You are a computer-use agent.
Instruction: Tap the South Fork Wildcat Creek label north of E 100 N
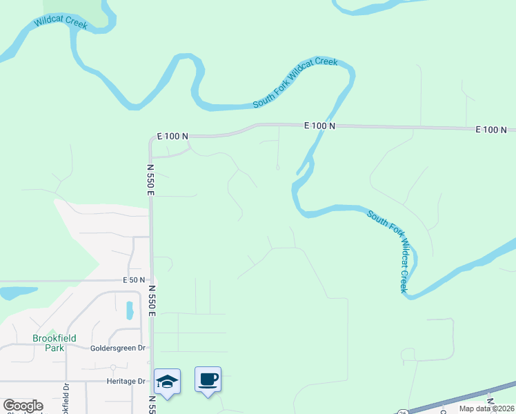(295, 82)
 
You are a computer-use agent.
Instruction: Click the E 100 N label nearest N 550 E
(172, 137)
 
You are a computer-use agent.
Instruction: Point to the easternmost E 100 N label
(490, 130)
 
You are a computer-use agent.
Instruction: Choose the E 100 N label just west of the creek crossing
(319, 126)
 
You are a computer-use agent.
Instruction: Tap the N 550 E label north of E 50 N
(150, 179)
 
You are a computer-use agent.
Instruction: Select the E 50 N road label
(134, 280)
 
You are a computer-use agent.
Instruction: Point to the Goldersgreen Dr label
(118, 348)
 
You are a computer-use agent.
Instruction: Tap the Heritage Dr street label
(126, 381)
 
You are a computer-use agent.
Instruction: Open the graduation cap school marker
(168, 380)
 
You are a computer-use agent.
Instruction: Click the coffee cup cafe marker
(208, 379)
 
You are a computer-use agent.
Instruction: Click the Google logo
(23, 406)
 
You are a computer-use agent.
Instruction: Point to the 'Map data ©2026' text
(486, 408)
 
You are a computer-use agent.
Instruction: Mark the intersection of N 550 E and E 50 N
(152, 280)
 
